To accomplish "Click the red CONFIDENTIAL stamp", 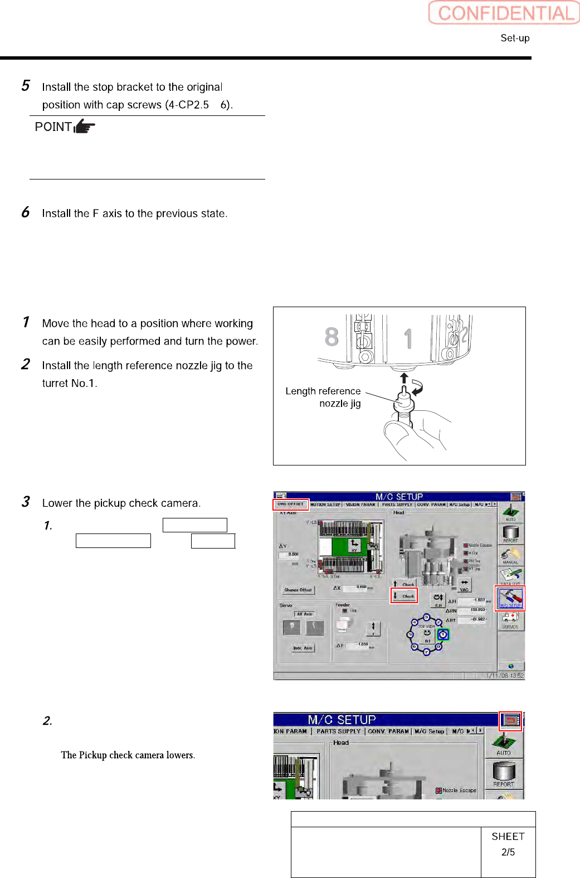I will (x=504, y=13).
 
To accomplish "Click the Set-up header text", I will (x=515, y=38).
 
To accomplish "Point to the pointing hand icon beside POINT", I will (x=84, y=127).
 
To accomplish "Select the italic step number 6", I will (x=26, y=212).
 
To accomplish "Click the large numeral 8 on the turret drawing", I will (x=332, y=337).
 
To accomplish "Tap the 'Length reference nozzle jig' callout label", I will (x=323, y=397).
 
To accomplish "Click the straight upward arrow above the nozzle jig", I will (x=404, y=378).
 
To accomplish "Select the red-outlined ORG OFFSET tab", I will (x=291, y=505).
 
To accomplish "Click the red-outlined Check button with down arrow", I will (x=404, y=596).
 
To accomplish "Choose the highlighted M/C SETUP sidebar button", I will (x=510, y=598).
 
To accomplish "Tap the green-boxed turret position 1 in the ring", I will (x=443, y=634).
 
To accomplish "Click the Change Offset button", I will (x=299, y=589).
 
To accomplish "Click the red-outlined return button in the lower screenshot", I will (x=510, y=721).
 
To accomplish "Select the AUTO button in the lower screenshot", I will (x=504, y=744).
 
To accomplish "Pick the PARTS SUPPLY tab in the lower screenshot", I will (x=338, y=731).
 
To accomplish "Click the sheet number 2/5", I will (x=508, y=852).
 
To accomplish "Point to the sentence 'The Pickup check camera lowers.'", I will (x=128, y=755).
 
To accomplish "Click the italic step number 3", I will (x=26, y=502).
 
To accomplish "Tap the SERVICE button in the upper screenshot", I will (x=510, y=619).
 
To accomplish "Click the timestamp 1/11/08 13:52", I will (x=505, y=676).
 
